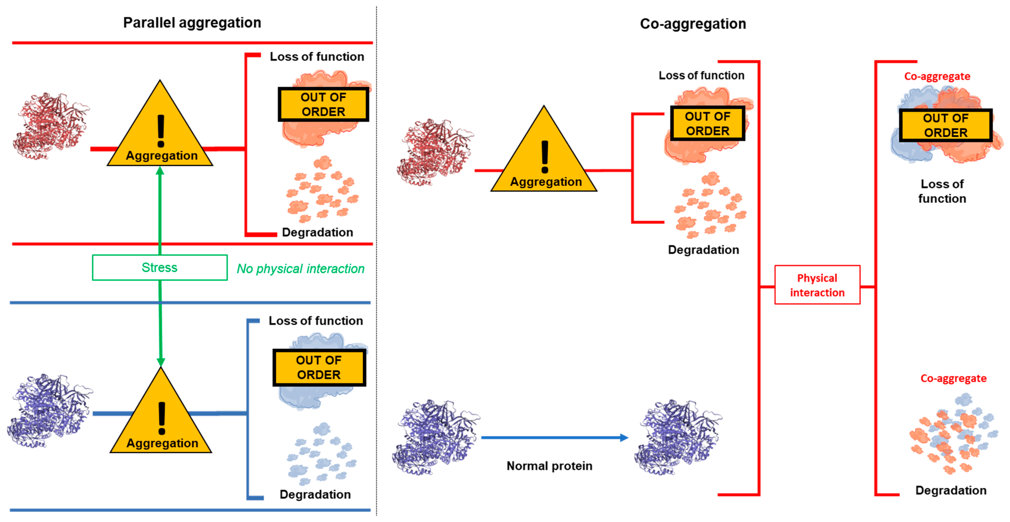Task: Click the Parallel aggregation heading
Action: pyautogui.click(x=192, y=23)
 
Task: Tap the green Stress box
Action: pyautogui.click(x=160, y=268)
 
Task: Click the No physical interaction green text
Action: pyautogui.click(x=300, y=269)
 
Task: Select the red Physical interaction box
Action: pyautogui.click(x=817, y=285)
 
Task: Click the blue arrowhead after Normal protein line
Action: pyautogui.click(x=624, y=438)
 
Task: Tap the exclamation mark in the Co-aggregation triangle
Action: pyautogui.click(x=545, y=157)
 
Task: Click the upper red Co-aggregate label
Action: pyautogui.click(x=937, y=76)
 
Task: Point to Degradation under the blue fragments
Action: pyautogui.click(x=315, y=495)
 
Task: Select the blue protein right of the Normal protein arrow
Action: pyautogui.click(x=678, y=437)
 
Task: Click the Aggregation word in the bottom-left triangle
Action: pyautogui.click(x=162, y=443)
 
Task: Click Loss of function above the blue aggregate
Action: pyautogui.click(x=316, y=321)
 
